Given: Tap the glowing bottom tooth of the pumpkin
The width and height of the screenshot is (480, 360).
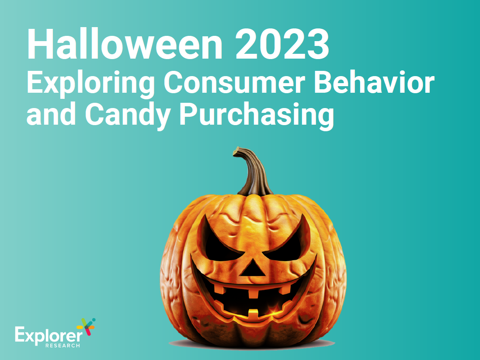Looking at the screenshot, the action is [x=253, y=314].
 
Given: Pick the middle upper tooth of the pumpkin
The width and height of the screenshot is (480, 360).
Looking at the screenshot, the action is [x=253, y=293].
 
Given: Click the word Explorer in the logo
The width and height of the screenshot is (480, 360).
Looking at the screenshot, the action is [x=49, y=336].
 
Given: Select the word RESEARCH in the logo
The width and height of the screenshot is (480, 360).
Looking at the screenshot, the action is [x=63, y=346].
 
